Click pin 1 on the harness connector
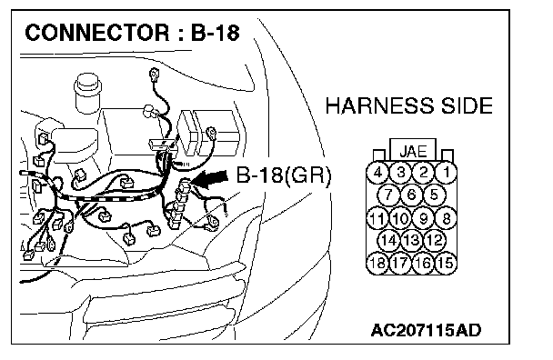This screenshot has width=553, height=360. click(x=446, y=173)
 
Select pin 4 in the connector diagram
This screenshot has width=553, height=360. click(x=377, y=173)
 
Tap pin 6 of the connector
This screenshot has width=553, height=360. click(x=411, y=195)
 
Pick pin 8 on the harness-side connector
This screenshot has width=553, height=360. click(x=446, y=218)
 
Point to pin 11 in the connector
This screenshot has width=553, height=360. click(x=377, y=218)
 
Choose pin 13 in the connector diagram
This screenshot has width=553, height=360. click(x=411, y=241)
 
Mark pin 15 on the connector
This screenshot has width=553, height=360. click(x=446, y=263)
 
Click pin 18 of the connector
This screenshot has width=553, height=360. click(x=377, y=263)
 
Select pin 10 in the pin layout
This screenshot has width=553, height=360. click(x=400, y=218)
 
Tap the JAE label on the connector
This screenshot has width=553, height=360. click(x=413, y=151)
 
